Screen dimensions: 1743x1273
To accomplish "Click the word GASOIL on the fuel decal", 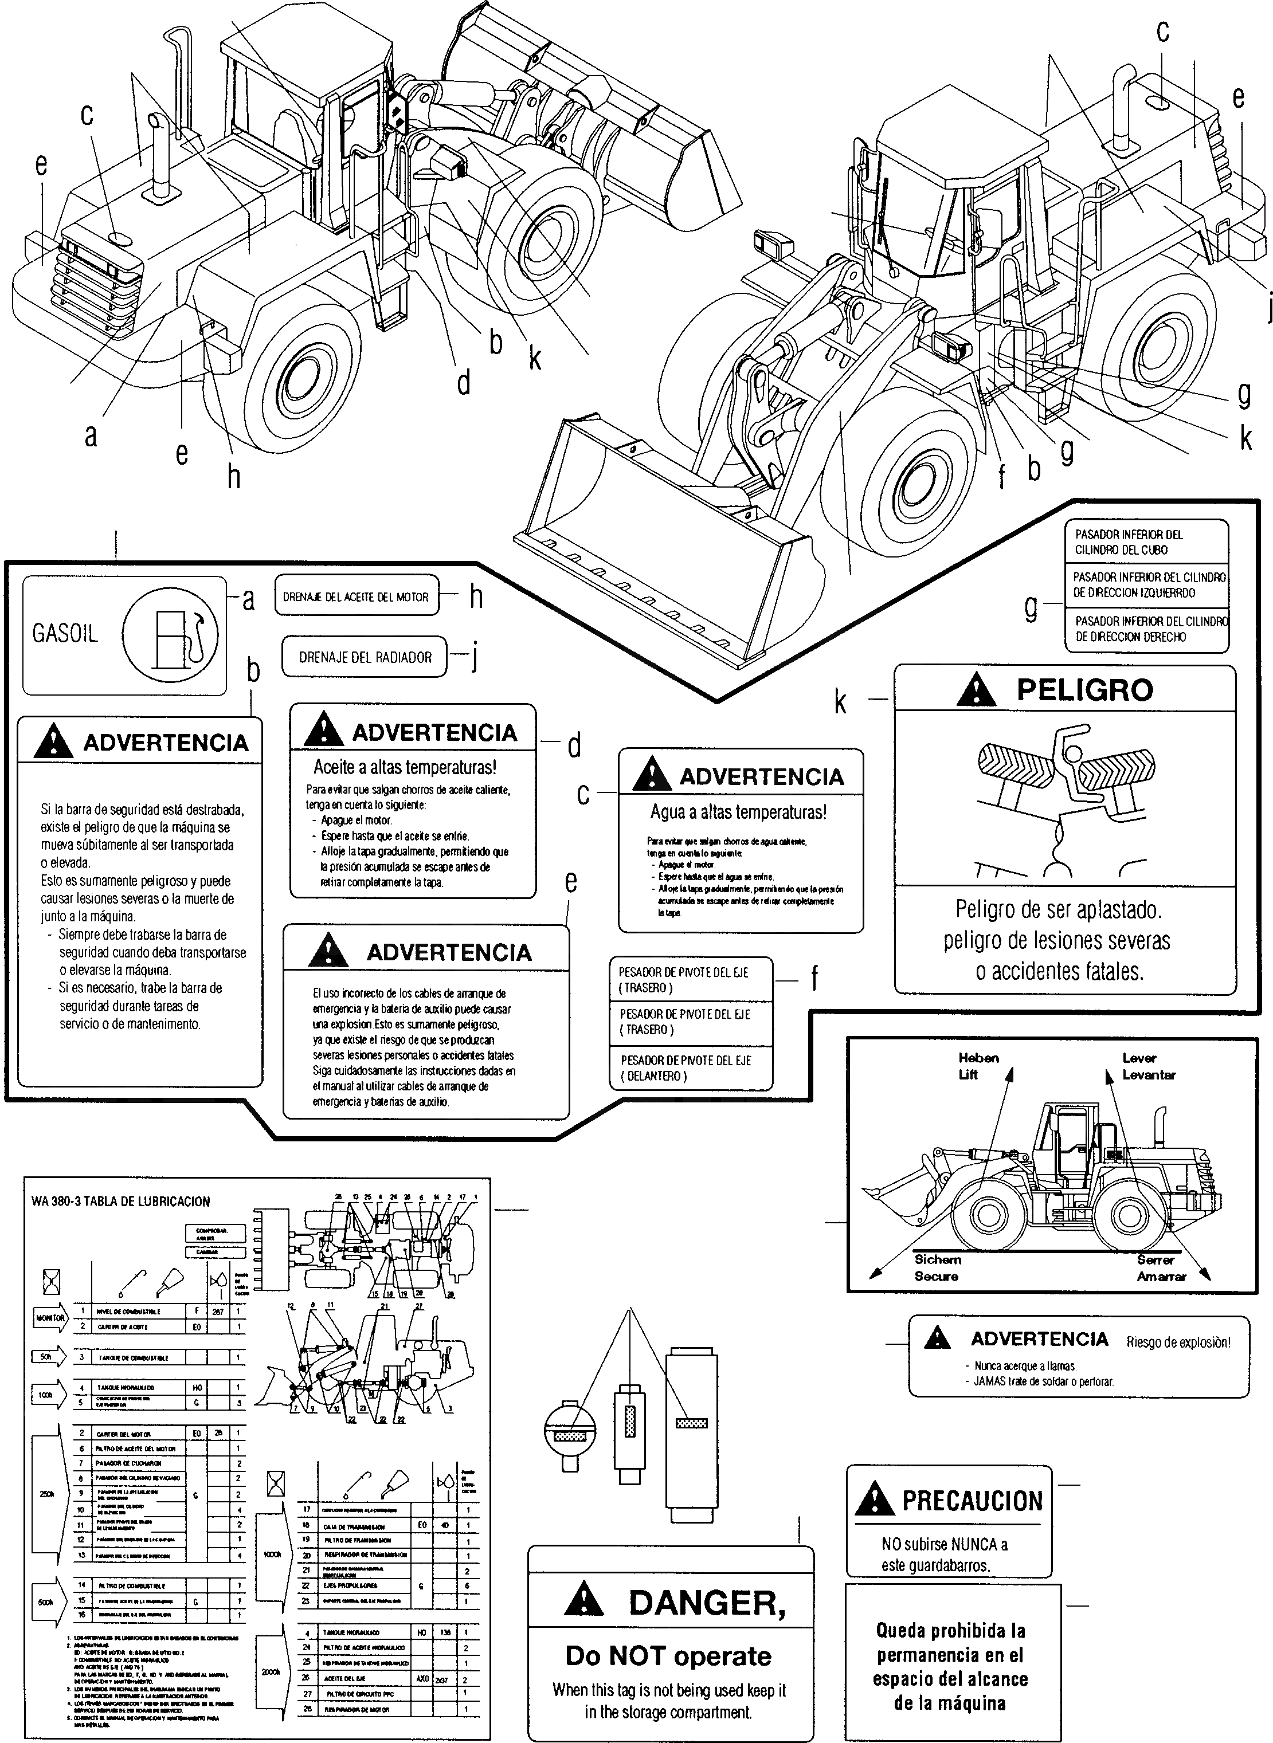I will [65, 634].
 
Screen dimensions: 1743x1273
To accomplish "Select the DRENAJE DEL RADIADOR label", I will [365, 657].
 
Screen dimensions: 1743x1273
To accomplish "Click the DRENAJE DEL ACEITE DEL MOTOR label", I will [355, 597].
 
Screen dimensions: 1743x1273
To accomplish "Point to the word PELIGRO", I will [1084, 689].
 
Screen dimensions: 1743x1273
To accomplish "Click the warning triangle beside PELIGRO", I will [976, 690].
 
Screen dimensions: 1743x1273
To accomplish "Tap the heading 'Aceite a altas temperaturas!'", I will [405, 767].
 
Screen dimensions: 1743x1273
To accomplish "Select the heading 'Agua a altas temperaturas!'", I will [738, 812].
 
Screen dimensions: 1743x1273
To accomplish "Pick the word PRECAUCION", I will [973, 1501].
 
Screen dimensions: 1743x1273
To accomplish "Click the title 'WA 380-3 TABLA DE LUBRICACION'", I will [120, 1201].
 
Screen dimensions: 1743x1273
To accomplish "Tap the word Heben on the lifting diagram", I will [978, 1058].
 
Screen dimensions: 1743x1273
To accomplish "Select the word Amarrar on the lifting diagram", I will [1161, 1276].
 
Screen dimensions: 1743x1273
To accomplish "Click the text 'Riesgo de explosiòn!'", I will [1178, 1342].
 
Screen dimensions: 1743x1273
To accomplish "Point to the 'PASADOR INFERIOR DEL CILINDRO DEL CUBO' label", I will [1129, 542].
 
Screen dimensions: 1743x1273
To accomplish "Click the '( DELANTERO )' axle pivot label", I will [653, 1076].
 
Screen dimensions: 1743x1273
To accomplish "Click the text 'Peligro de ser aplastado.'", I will [1059, 910].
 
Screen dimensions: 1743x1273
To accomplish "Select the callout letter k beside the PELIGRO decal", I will [841, 702].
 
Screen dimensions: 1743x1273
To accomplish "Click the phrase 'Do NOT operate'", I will [668, 1656].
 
